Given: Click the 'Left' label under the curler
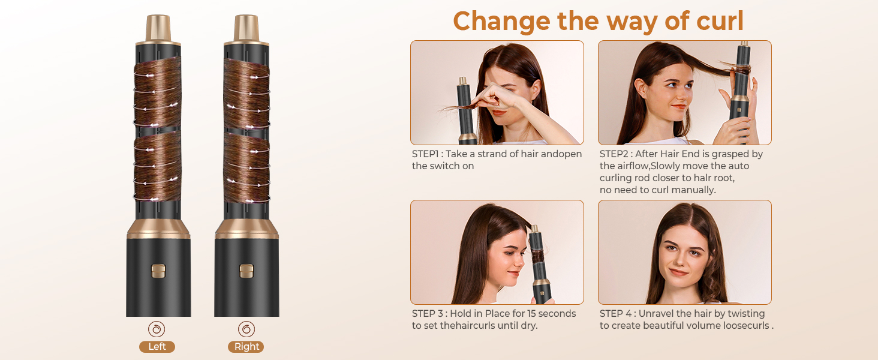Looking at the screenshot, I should pyautogui.click(x=157, y=347).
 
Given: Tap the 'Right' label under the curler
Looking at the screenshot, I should pyautogui.click(x=246, y=347).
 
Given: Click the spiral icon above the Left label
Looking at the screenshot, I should pyautogui.click(x=157, y=329).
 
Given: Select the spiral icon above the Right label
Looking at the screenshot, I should pyautogui.click(x=246, y=329).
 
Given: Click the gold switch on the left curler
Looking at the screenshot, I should pyautogui.click(x=158, y=271).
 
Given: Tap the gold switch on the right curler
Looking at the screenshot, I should pyautogui.click(x=246, y=271).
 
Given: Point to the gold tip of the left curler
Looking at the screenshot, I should pyautogui.click(x=158, y=27).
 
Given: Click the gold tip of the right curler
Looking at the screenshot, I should pyautogui.click(x=246, y=27).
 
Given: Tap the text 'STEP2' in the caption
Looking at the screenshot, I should pyautogui.click(x=614, y=154).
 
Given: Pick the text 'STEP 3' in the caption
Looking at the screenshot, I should pyautogui.click(x=428, y=314).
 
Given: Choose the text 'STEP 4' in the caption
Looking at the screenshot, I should pyautogui.click(x=615, y=314).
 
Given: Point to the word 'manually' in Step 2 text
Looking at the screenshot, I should pyautogui.click(x=694, y=190).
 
